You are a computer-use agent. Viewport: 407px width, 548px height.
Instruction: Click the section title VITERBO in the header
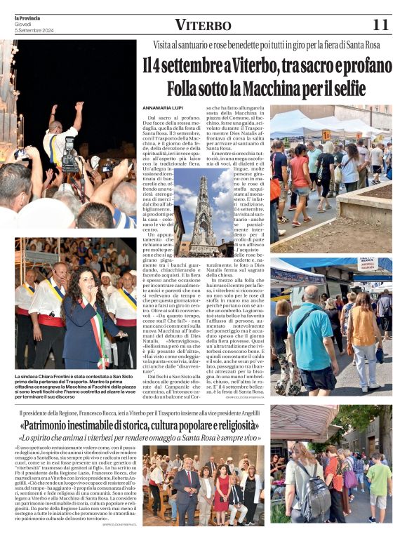coord(203,26)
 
